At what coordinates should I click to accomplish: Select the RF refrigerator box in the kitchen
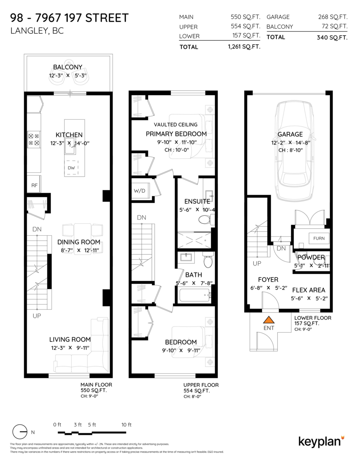[34, 186]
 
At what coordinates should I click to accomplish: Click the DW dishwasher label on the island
[71, 168]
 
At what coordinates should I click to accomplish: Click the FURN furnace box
[319, 238]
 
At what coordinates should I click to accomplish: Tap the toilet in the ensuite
[204, 220]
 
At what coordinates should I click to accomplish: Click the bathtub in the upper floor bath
[195, 296]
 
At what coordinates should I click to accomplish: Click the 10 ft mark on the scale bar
[127, 424]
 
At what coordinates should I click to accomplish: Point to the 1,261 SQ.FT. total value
[244, 47]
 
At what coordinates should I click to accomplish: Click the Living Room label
[70, 339]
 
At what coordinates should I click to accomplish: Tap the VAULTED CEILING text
[176, 125]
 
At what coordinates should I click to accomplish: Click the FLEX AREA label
[308, 290]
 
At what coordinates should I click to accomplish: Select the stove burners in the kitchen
[33, 139]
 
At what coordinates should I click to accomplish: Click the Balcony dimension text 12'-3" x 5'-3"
[68, 75]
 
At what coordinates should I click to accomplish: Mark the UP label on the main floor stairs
[37, 316]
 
